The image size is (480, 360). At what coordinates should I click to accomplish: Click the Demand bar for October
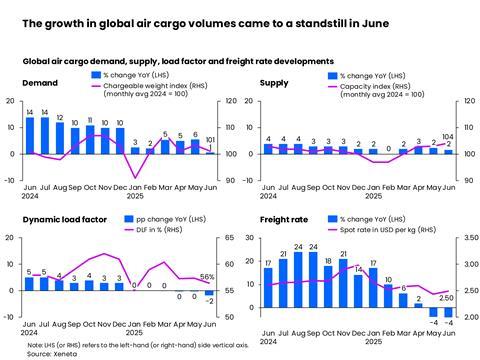[x=90, y=139]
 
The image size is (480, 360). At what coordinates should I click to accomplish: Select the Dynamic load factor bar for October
[x=90, y=285]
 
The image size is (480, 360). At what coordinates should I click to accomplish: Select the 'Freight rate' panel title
[x=283, y=218]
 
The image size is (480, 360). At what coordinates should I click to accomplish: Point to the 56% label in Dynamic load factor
[x=208, y=277]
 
